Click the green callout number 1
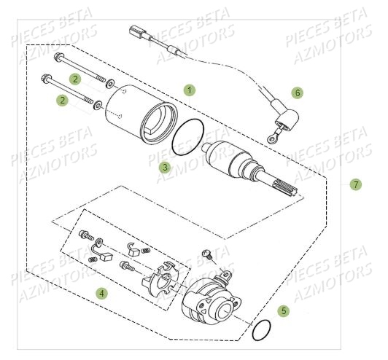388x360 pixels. [x=190, y=90]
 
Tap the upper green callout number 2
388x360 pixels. [x=75, y=79]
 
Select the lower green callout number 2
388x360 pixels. [x=62, y=101]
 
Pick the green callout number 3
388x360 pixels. [x=165, y=168]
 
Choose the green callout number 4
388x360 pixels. [x=101, y=294]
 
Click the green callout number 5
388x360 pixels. [x=284, y=310]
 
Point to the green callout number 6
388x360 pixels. [x=297, y=93]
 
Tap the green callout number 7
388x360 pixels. [x=356, y=184]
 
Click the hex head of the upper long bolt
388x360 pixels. [x=58, y=57]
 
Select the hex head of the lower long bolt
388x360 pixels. [x=46, y=78]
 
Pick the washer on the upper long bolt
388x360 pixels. [x=109, y=83]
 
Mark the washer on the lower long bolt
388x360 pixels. [x=98, y=105]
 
